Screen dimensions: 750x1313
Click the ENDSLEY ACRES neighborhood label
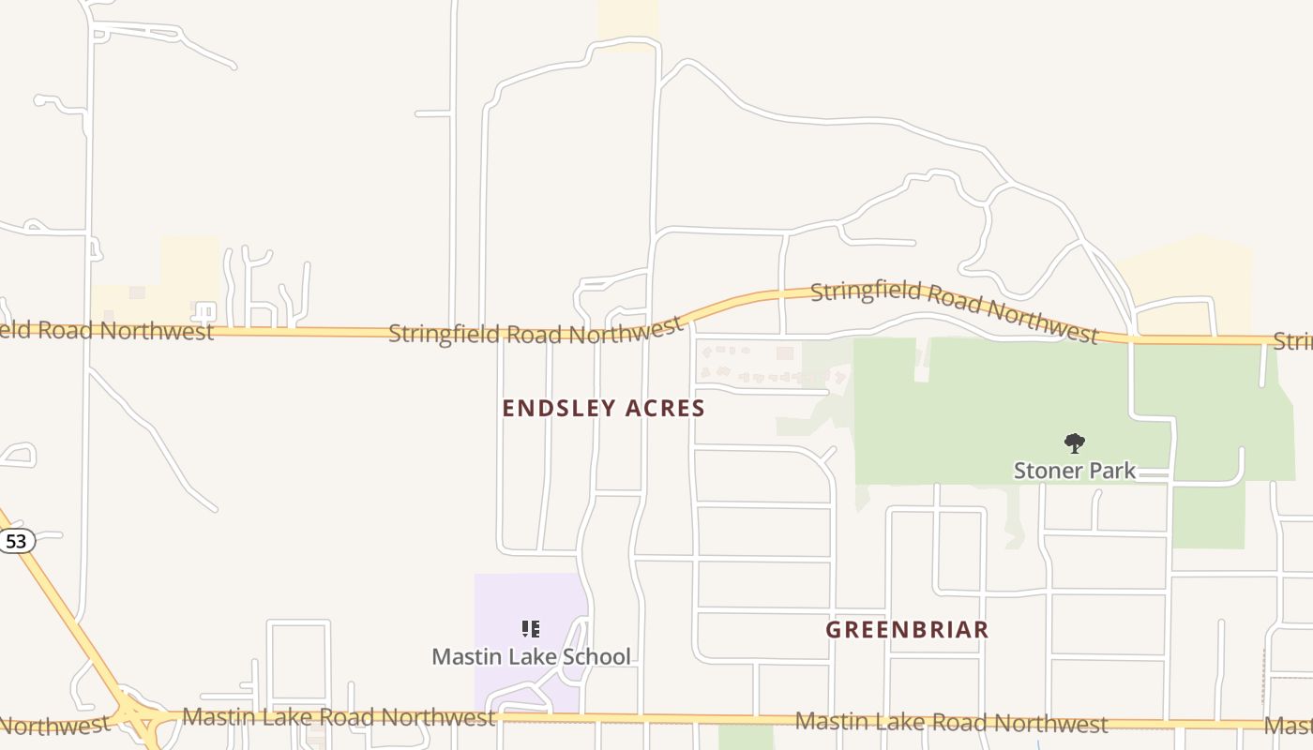[x=603, y=409]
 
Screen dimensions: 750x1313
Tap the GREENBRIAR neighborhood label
[x=907, y=630]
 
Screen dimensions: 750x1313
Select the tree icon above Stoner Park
[x=1075, y=443]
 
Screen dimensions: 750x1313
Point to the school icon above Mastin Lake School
[x=531, y=629]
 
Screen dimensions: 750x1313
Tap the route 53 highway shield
[x=16, y=541]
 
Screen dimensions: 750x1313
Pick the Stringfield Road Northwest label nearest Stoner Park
[x=954, y=308]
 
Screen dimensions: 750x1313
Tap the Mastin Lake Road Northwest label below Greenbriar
[x=951, y=723]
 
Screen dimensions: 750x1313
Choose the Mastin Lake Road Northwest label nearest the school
[x=339, y=718]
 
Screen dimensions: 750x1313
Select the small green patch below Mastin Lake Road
[x=746, y=738]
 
